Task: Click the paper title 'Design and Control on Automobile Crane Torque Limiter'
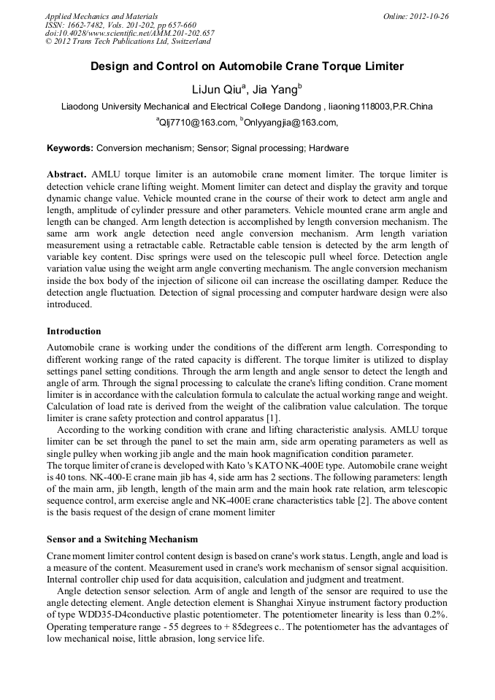pyautogui.click(x=247, y=66)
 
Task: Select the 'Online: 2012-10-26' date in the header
pyautogui.click(x=415, y=16)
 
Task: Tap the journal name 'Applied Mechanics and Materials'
pyautogui.click(x=101, y=16)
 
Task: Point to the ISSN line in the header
pyautogui.click(x=120, y=25)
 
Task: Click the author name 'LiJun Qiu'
pyautogui.click(x=217, y=90)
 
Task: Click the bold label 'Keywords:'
pyautogui.click(x=70, y=148)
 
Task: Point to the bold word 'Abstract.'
pyautogui.click(x=67, y=174)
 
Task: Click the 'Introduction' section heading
pyautogui.click(x=74, y=331)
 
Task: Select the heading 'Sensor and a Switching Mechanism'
pyautogui.click(x=122, y=539)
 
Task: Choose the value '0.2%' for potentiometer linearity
pyautogui.click(x=436, y=615)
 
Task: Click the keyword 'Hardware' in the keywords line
pyautogui.click(x=329, y=148)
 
